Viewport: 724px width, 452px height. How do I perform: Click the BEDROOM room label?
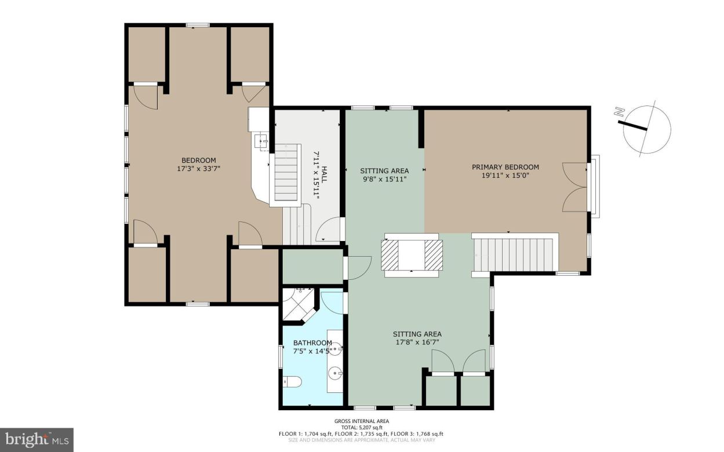click(x=199, y=161)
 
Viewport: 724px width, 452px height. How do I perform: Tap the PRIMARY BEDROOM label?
click(x=505, y=167)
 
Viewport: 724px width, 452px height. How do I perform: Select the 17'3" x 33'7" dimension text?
click(x=199, y=169)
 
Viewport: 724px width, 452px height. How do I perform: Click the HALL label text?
click(x=325, y=174)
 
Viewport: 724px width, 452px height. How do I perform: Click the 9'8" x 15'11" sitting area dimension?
click(x=384, y=179)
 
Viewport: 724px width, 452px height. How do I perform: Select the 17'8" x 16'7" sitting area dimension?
click(x=417, y=342)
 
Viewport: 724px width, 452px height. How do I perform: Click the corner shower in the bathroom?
click(x=299, y=303)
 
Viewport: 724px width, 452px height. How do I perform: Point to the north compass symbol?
click(x=647, y=129)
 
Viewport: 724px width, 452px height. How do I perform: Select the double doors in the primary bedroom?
click(x=574, y=187)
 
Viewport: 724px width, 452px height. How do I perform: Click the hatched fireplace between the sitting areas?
click(x=412, y=254)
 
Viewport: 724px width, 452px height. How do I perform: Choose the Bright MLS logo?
click(x=36, y=440)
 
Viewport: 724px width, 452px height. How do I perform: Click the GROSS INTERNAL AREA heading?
click(x=362, y=421)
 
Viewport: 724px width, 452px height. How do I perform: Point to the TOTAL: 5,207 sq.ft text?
click(x=362, y=428)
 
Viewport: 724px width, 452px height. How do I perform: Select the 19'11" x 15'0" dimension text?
click(x=505, y=175)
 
